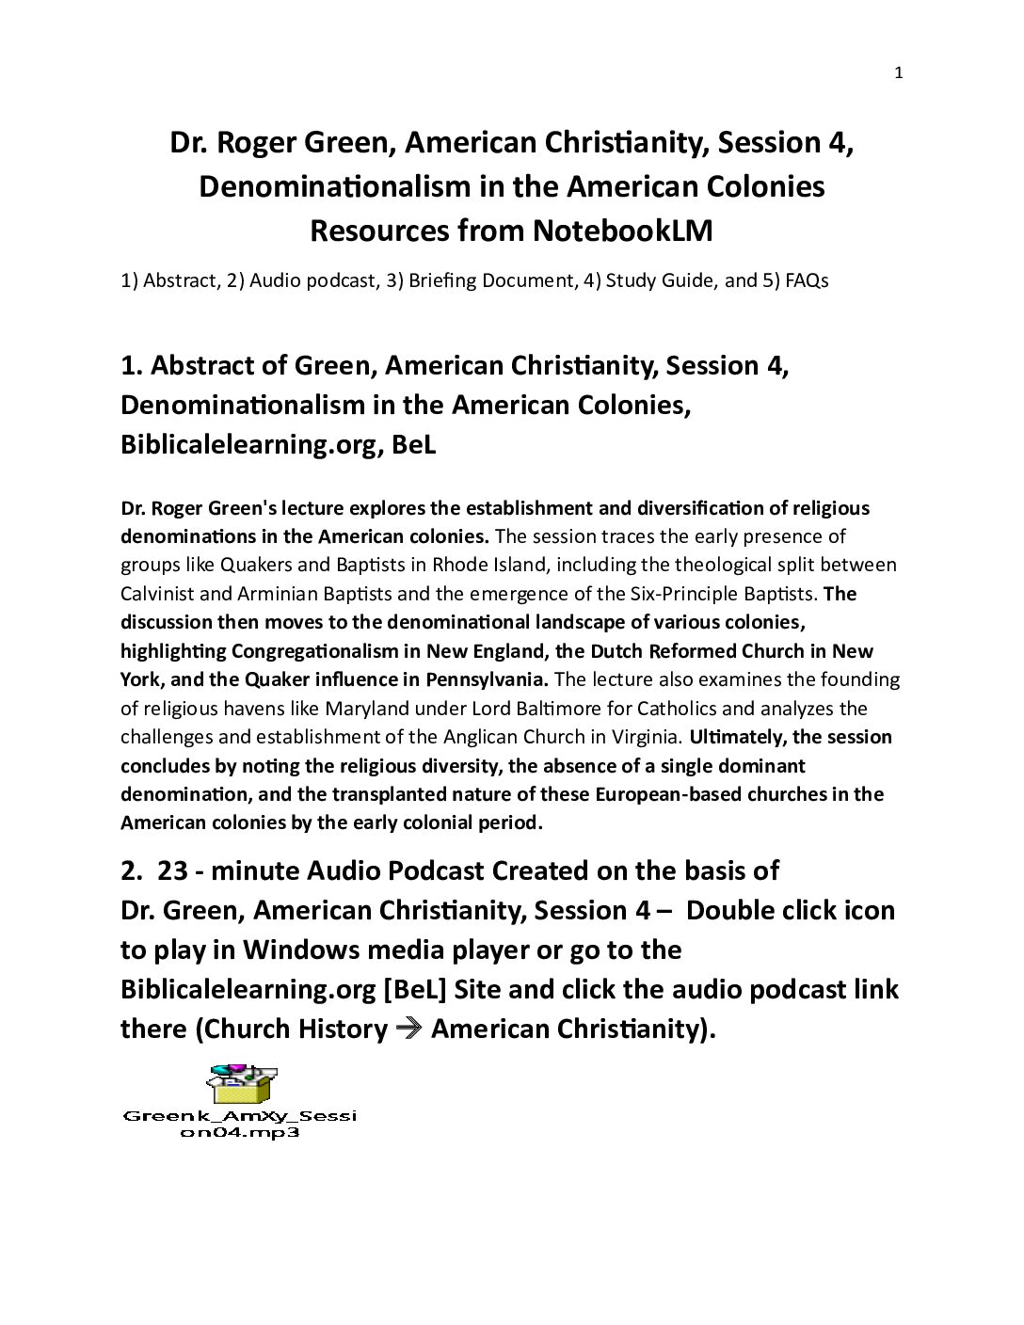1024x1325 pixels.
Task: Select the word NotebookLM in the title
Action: (x=622, y=231)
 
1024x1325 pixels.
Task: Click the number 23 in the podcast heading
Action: (x=172, y=870)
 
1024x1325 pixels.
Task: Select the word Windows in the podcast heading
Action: (x=292, y=950)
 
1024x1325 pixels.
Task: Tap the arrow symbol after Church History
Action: (x=408, y=1029)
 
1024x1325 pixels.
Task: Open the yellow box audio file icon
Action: (x=242, y=1083)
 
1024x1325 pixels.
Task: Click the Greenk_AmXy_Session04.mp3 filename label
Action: (x=239, y=1125)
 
